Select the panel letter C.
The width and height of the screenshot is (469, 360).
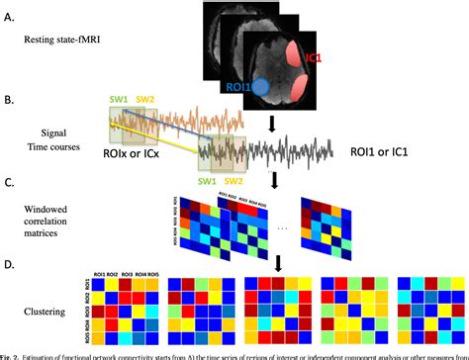coord(8,181)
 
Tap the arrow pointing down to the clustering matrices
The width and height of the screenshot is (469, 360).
coord(280,261)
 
